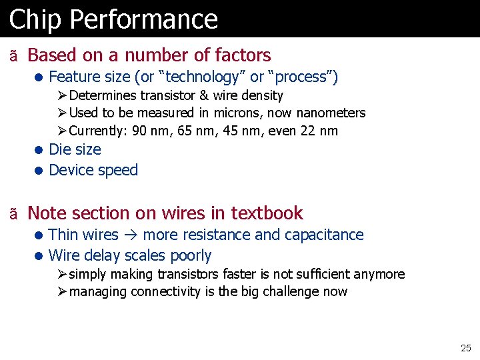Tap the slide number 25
click(x=465, y=348)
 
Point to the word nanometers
click(x=331, y=113)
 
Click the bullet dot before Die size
click(x=40, y=150)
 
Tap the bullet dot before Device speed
click(x=40, y=171)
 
